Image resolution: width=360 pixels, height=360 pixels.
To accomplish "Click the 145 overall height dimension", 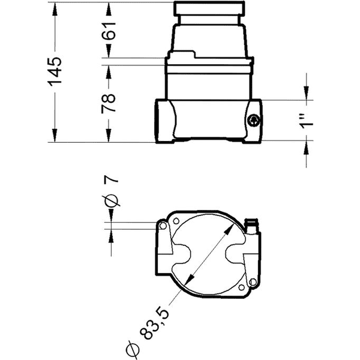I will click(x=55, y=71).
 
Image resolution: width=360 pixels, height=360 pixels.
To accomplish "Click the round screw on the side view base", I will click(x=254, y=121).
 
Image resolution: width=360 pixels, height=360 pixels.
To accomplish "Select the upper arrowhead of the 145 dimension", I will click(x=55, y=8).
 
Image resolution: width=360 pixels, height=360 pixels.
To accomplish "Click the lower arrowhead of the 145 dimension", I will click(x=55, y=137).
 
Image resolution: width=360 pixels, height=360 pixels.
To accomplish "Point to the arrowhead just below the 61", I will click(x=109, y=52).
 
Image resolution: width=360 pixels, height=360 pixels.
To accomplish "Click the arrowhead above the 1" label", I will click(x=308, y=94).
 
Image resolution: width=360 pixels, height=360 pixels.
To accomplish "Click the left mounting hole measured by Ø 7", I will click(x=162, y=225).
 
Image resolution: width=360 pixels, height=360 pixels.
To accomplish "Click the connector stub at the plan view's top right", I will click(x=252, y=226).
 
